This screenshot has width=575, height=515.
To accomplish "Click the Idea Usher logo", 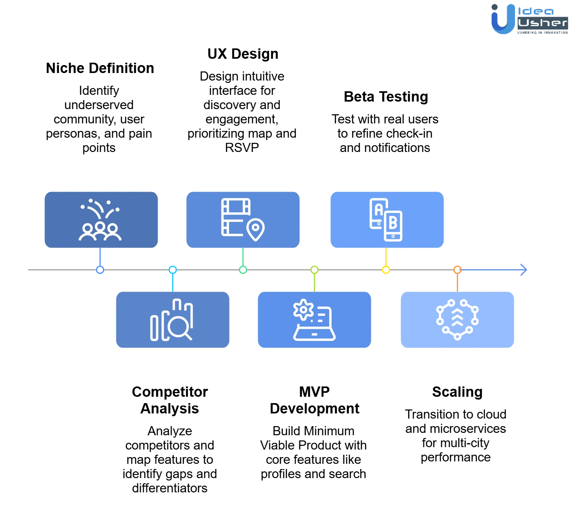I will click(529, 19).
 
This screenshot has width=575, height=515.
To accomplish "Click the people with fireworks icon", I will click(100, 220).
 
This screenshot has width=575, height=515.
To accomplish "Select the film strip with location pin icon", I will click(243, 219).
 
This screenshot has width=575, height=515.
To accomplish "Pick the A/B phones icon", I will click(386, 220).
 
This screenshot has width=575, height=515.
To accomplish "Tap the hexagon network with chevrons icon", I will click(457, 320).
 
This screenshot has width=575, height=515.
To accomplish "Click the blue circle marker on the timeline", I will click(100, 270).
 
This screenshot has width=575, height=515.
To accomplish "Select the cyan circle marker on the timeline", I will click(172, 270).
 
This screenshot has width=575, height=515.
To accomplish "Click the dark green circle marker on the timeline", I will click(243, 270).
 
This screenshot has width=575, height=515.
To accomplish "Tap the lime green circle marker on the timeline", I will click(314, 270).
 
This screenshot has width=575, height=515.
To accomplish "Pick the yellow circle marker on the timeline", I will click(386, 270).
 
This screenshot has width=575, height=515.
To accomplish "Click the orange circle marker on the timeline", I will click(457, 270).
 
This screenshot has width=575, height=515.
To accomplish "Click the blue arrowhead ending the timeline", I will click(523, 270).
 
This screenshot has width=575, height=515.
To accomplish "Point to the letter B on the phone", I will click(393, 223).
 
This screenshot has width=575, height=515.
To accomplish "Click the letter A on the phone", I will click(379, 209).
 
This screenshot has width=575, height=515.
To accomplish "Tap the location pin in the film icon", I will click(255, 229).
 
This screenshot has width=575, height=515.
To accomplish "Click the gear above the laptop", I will click(303, 309).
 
